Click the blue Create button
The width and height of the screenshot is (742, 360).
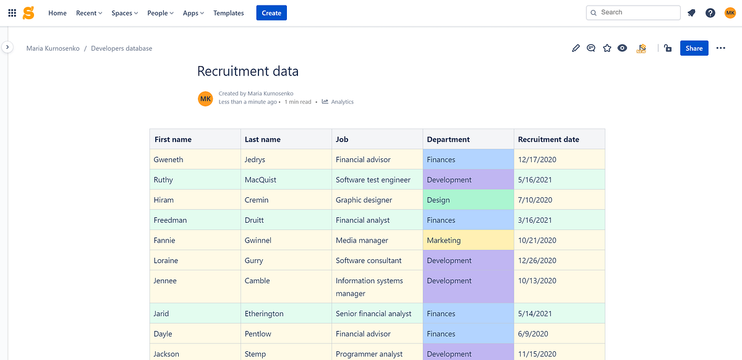click(x=271, y=13)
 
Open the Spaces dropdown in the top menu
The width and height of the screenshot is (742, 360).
click(x=124, y=13)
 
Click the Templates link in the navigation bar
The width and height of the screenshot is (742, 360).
click(x=228, y=13)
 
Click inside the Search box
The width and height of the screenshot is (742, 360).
click(x=637, y=12)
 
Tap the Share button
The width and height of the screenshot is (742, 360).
click(x=694, y=48)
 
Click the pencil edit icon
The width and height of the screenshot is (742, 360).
click(x=576, y=48)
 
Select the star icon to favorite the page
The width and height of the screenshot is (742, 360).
click(x=607, y=48)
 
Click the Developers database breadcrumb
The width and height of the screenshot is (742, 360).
click(x=121, y=48)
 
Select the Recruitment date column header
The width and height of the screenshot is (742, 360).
click(x=548, y=140)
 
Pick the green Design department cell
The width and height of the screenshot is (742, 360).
click(x=468, y=200)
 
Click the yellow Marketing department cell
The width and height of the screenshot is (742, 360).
click(x=468, y=241)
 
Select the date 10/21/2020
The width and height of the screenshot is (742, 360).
click(x=537, y=241)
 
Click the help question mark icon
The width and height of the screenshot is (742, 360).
click(x=710, y=13)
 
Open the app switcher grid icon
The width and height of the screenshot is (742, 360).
click(x=12, y=13)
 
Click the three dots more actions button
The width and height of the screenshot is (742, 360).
click(x=720, y=48)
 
